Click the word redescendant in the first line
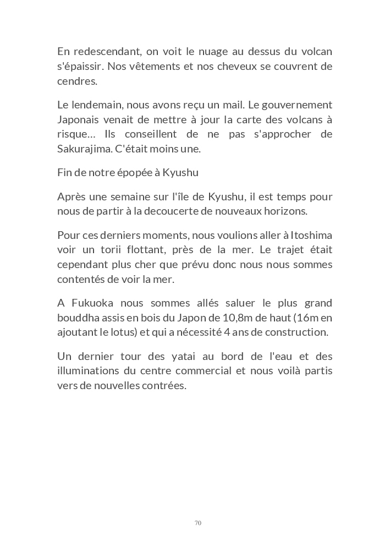pos(105,52)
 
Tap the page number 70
pos(198,523)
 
